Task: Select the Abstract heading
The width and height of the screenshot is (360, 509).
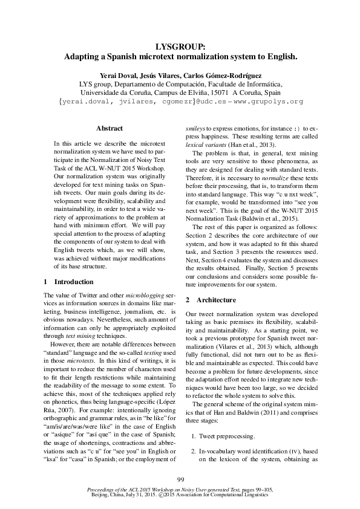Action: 110,128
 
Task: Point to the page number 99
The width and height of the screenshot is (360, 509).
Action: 180,479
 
